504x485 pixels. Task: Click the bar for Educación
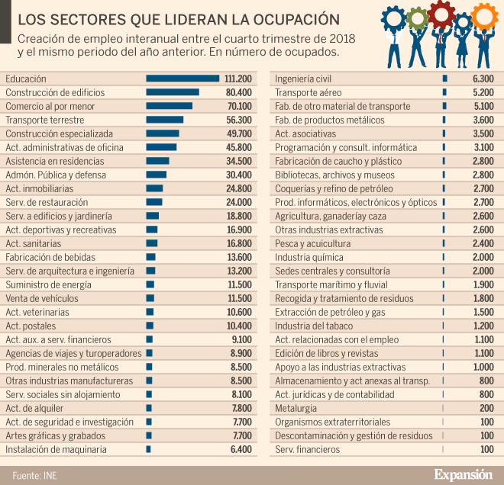(183, 79)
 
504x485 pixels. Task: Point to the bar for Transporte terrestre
(164, 120)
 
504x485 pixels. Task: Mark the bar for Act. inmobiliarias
(154, 188)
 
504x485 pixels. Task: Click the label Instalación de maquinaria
(56, 450)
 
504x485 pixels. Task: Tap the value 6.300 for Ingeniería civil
(483, 79)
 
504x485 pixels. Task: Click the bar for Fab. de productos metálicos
(444, 120)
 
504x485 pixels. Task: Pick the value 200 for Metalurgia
(486, 408)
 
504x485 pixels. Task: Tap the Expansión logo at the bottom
(463, 474)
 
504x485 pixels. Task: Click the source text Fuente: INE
(34, 475)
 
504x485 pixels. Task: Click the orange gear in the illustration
(483, 13)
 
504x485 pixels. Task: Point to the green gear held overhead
(416, 17)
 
